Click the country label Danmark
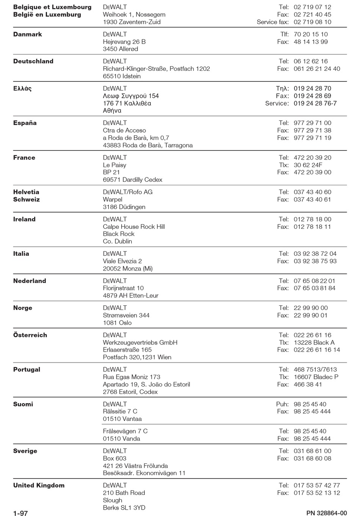pos(28,34)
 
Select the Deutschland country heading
pos(33,61)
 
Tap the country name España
pos(25,123)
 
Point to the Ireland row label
pos(24,219)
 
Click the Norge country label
pos(23,308)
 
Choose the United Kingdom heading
pos(39,486)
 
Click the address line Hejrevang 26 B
pos(124,42)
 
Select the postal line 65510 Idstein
pos(122,76)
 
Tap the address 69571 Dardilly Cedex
pos(133,180)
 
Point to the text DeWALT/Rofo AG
pos(128,192)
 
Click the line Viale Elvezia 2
pos(122,261)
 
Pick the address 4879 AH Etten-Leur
pos(131,296)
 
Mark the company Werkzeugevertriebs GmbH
pos(140,342)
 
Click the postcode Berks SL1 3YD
pos(124,508)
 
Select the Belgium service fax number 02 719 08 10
pos(312,22)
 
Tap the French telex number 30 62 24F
pos(308,165)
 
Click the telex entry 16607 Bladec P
pos(316,377)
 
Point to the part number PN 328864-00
pos(327,513)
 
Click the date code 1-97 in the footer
pos(20,513)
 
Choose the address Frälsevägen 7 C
pos(125,431)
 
